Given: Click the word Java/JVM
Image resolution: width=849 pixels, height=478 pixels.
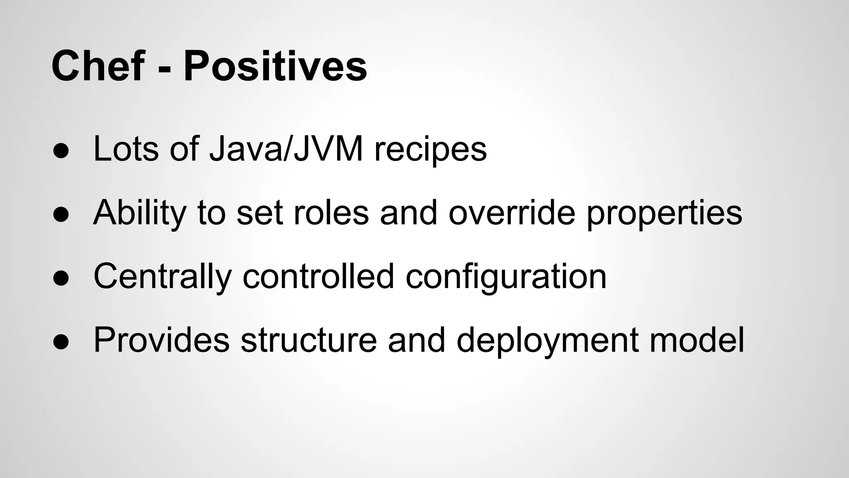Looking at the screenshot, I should click(x=286, y=149).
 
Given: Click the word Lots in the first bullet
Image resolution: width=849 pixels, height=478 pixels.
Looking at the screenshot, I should click(x=126, y=149).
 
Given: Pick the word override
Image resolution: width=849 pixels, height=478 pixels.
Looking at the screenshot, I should click(x=512, y=213).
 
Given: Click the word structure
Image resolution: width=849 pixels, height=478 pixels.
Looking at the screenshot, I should click(x=308, y=341).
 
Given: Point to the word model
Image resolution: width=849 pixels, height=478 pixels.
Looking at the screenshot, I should click(x=696, y=341).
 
